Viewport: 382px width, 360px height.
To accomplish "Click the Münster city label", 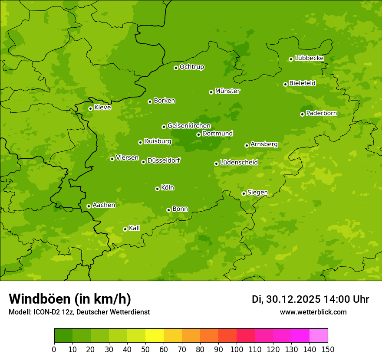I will click(227, 91).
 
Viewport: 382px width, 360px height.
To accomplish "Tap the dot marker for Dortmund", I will click(198, 134).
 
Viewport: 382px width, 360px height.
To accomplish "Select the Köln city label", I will click(167, 188).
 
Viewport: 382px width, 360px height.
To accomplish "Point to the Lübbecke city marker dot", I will click(291, 59).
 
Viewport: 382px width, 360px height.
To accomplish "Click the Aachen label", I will click(104, 205).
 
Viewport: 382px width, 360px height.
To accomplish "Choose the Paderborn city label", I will click(321, 113).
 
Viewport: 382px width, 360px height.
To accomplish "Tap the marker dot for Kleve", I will click(90, 108).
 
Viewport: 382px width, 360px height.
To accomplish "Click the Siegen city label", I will click(257, 193).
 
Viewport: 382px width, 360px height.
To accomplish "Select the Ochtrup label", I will click(191, 67).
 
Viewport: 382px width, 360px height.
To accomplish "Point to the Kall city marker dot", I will click(125, 229).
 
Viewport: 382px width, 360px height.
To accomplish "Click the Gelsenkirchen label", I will click(189, 126).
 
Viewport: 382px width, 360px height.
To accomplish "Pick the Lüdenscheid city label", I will click(239, 163).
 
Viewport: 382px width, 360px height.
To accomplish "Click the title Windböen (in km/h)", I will click(70, 299).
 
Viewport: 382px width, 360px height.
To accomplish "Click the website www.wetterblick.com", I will click(313, 312).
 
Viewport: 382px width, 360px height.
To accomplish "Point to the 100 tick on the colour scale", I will click(237, 349).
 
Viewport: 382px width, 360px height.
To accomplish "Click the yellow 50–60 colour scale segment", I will click(155, 336).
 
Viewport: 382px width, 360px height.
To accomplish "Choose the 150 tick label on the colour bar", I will click(328, 349).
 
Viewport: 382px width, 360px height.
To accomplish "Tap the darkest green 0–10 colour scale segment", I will click(63, 336).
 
